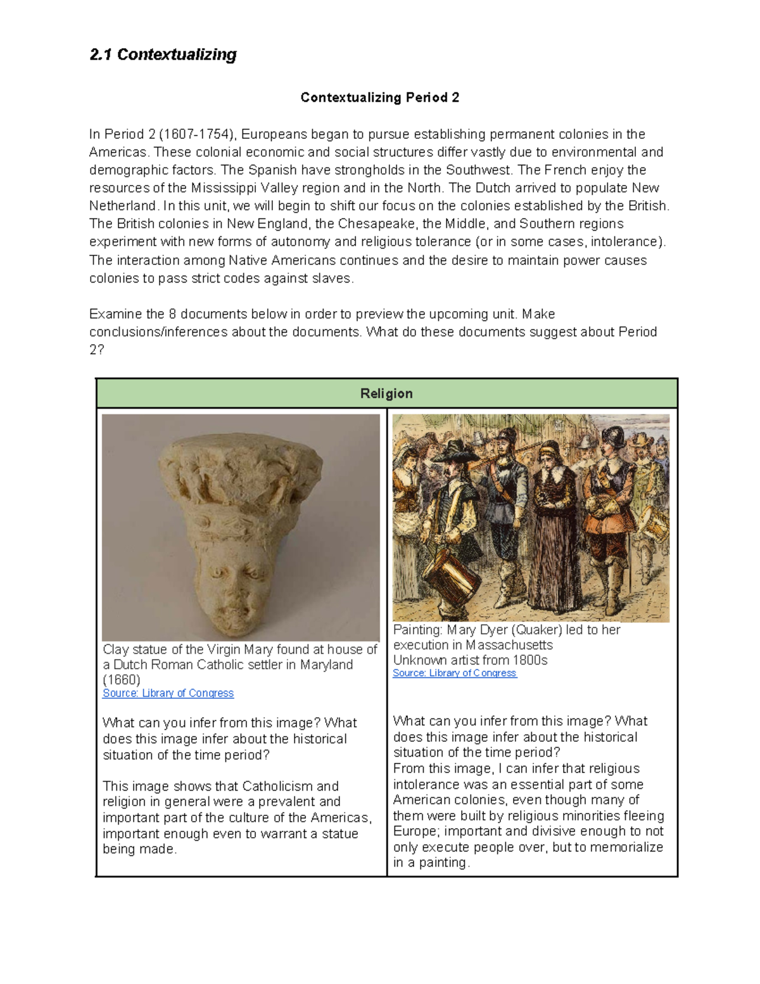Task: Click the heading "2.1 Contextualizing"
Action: click(x=163, y=55)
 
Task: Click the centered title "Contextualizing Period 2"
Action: click(x=379, y=98)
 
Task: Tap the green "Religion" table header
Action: click(x=386, y=393)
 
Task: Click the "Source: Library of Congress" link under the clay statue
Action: click(x=168, y=693)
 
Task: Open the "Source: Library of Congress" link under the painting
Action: click(x=455, y=673)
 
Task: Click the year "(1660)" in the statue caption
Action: click(x=121, y=680)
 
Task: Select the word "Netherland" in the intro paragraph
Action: click(x=122, y=206)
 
